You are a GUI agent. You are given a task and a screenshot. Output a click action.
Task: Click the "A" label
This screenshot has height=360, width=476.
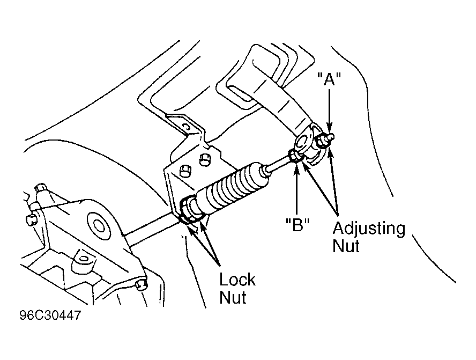329,79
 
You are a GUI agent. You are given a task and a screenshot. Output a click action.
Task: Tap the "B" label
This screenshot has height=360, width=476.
297,225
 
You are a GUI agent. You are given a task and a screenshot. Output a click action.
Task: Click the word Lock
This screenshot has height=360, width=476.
237,280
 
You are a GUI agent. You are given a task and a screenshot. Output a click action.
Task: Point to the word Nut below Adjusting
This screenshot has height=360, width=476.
346,246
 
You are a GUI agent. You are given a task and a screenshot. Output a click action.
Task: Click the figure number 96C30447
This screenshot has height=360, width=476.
50,315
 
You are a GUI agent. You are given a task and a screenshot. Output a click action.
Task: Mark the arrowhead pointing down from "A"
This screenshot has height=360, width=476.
330,127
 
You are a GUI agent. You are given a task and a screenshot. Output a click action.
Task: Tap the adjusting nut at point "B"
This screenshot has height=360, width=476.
295,156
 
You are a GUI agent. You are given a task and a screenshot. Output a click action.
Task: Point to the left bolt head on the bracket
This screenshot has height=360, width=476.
185,171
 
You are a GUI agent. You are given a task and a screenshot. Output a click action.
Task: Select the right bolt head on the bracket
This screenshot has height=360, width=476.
205,159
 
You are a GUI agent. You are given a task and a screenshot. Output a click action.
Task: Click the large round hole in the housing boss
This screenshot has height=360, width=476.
99,225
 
